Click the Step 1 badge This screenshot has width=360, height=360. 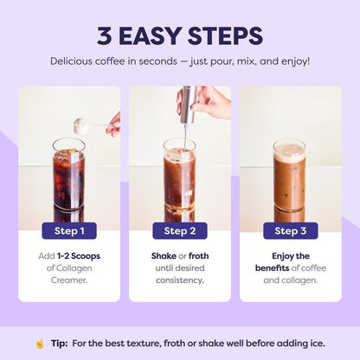click(69, 231)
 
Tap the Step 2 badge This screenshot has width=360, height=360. click(180, 231)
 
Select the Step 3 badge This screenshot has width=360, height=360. click(291, 231)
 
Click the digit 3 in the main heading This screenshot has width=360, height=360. click(104, 36)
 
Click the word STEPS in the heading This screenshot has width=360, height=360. click(225, 36)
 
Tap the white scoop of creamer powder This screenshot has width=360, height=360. click(81, 126)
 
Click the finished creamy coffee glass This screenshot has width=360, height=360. click(289, 175)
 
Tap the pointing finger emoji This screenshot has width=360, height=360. click(40, 344)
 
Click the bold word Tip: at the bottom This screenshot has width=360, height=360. click(60, 344)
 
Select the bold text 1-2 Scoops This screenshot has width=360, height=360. click(79, 256)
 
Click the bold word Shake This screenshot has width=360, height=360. click(164, 256)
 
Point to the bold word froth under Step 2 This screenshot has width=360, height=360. click(198, 256)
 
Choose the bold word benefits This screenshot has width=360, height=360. click(272, 268)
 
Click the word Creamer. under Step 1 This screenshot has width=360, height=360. click(69, 280)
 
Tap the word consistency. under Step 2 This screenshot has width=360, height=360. click(180, 280)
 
